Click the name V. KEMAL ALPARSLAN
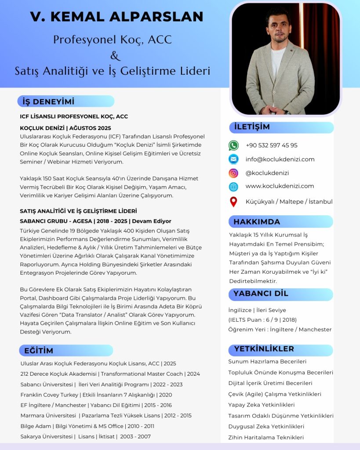116,17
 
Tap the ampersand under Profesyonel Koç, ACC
115,56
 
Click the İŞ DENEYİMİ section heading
48,102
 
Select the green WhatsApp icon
233,145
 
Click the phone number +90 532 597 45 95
271,145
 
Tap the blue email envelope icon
233,159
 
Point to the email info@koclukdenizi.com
280,159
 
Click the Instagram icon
233,173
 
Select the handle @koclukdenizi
267,173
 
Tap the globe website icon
233,186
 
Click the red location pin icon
233,202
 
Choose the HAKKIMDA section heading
257,221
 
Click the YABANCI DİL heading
261,294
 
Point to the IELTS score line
262,319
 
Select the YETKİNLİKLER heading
264,349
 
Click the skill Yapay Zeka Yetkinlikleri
261,405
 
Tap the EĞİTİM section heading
39,351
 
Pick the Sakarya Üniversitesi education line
86,436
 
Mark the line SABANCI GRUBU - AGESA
95,221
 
